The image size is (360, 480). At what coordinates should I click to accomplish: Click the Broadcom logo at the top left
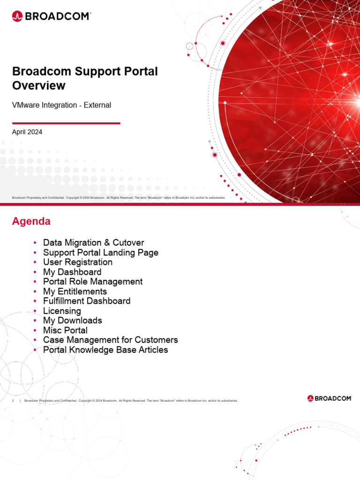pyautogui.click(x=51, y=16)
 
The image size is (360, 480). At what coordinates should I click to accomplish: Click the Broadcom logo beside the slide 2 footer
pyautogui.click(x=330, y=398)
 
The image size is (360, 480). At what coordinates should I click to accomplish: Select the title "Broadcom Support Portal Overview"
pyautogui.click(x=85, y=78)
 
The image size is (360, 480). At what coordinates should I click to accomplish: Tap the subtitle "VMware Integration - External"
pyautogui.click(x=61, y=105)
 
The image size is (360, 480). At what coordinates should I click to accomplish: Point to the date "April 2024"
pyautogui.click(x=27, y=132)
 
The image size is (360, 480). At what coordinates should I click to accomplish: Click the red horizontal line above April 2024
pyautogui.click(x=66, y=123)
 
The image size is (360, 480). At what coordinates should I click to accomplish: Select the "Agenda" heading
pyautogui.click(x=31, y=221)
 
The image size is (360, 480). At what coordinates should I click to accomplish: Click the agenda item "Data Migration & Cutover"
pyautogui.click(x=93, y=243)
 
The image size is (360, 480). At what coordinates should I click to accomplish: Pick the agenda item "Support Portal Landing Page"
pyautogui.click(x=100, y=253)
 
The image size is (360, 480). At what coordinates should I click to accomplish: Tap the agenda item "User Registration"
pyautogui.click(x=78, y=262)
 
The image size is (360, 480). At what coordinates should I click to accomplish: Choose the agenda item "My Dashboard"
pyautogui.click(x=72, y=272)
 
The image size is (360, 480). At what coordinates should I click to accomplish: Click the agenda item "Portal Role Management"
pyautogui.click(x=93, y=282)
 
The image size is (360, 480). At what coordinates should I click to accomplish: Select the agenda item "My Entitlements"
pyautogui.click(x=75, y=292)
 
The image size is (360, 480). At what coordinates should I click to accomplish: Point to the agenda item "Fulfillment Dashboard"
pyautogui.click(x=87, y=301)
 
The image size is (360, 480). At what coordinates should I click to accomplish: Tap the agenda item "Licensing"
pyautogui.click(x=62, y=311)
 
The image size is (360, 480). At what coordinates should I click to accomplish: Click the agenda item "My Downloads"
pyautogui.click(x=73, y=321)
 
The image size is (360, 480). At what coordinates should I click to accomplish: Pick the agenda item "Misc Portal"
pyautogui.click(x=65, y=330)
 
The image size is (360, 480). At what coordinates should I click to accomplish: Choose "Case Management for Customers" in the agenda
pyautogui.click(x=110, y=340)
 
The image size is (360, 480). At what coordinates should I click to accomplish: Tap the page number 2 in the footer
pyautogui.click(x=13, y=401)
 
